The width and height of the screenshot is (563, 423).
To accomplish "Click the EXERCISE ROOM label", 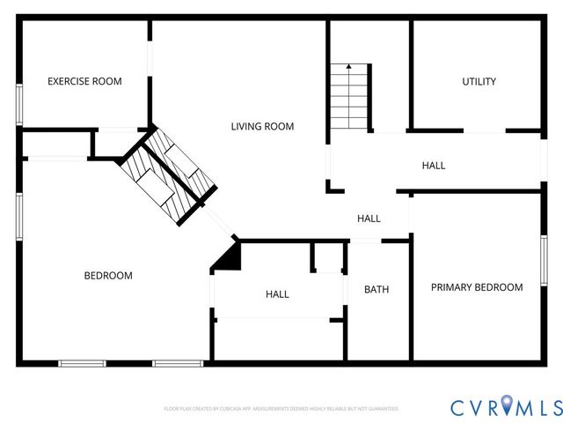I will point(84,81).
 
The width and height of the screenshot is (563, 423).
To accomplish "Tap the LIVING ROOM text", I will point(262,126).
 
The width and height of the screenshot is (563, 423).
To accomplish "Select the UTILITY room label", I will point(479,81).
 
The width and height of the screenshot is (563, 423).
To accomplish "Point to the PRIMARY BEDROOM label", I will point(476,287).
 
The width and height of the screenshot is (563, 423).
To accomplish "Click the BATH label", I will point(377,289).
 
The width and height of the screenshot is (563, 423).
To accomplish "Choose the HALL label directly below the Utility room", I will point(433,165).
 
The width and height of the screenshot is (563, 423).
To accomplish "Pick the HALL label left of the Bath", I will point(277,293).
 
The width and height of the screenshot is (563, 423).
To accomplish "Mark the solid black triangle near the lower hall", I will point(228,258).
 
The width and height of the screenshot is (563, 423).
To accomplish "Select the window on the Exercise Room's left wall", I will point(19,104).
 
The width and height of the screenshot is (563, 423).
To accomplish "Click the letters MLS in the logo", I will point(538,406).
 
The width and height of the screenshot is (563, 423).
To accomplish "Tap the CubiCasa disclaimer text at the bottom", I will point(281,409).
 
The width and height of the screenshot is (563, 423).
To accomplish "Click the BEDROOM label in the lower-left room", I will point(108,276).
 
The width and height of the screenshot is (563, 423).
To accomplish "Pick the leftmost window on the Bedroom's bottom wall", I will point(82,362).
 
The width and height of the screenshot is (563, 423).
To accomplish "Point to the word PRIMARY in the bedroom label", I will point(451,287).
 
